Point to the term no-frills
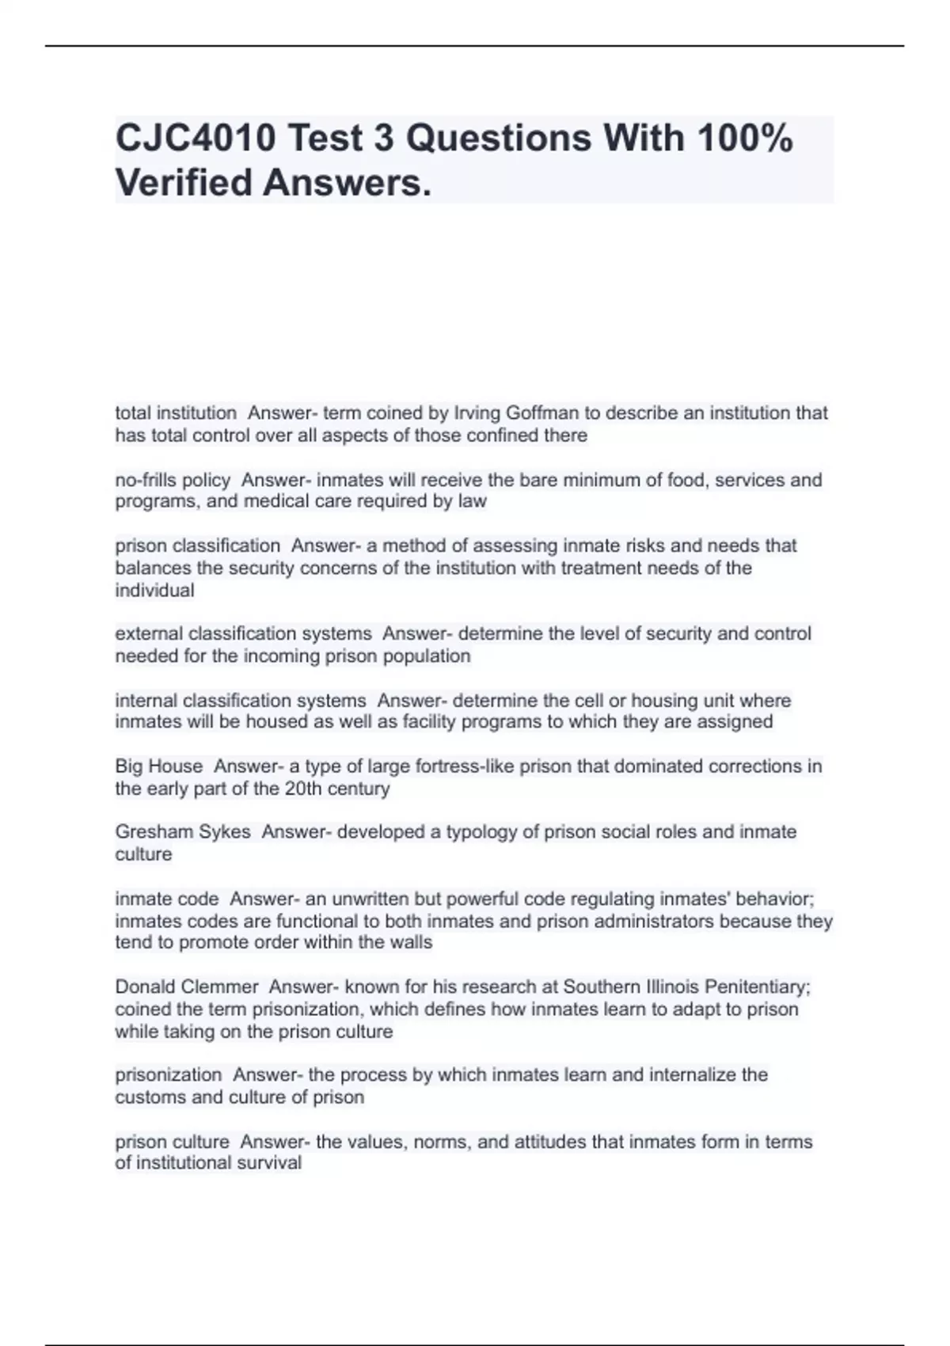tap(144, 480)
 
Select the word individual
tap(154, 590)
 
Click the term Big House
tap(158, 766)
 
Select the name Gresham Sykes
tap(183, 832)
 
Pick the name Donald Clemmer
tap(187, 987)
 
